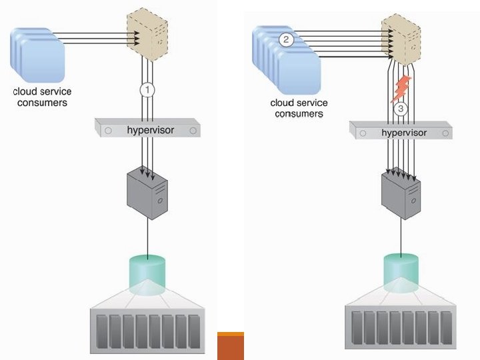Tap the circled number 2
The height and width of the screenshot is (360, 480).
286,39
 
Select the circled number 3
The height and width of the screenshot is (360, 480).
401,109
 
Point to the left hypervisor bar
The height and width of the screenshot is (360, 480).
147,129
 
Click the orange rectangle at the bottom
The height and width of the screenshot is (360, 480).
231,345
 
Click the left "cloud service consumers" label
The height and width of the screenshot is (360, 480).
42,97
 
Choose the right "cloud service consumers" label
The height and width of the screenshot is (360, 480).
299,108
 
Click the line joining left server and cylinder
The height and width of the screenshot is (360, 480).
147,236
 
